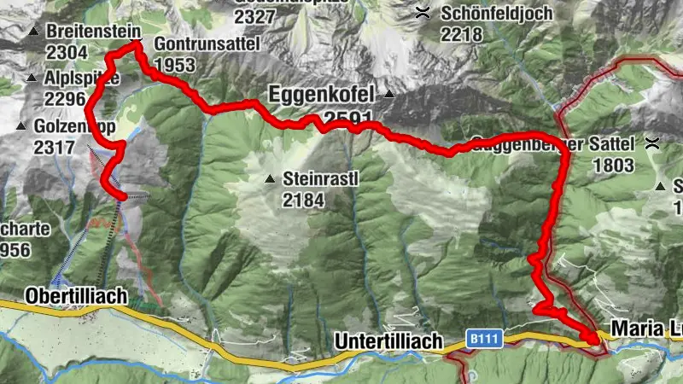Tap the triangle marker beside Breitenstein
[34, 32]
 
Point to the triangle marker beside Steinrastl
[270, 180]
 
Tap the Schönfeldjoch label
[497, 15]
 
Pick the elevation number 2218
[462, 35]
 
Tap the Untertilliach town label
[388, 341]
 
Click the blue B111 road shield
[482, 339]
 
